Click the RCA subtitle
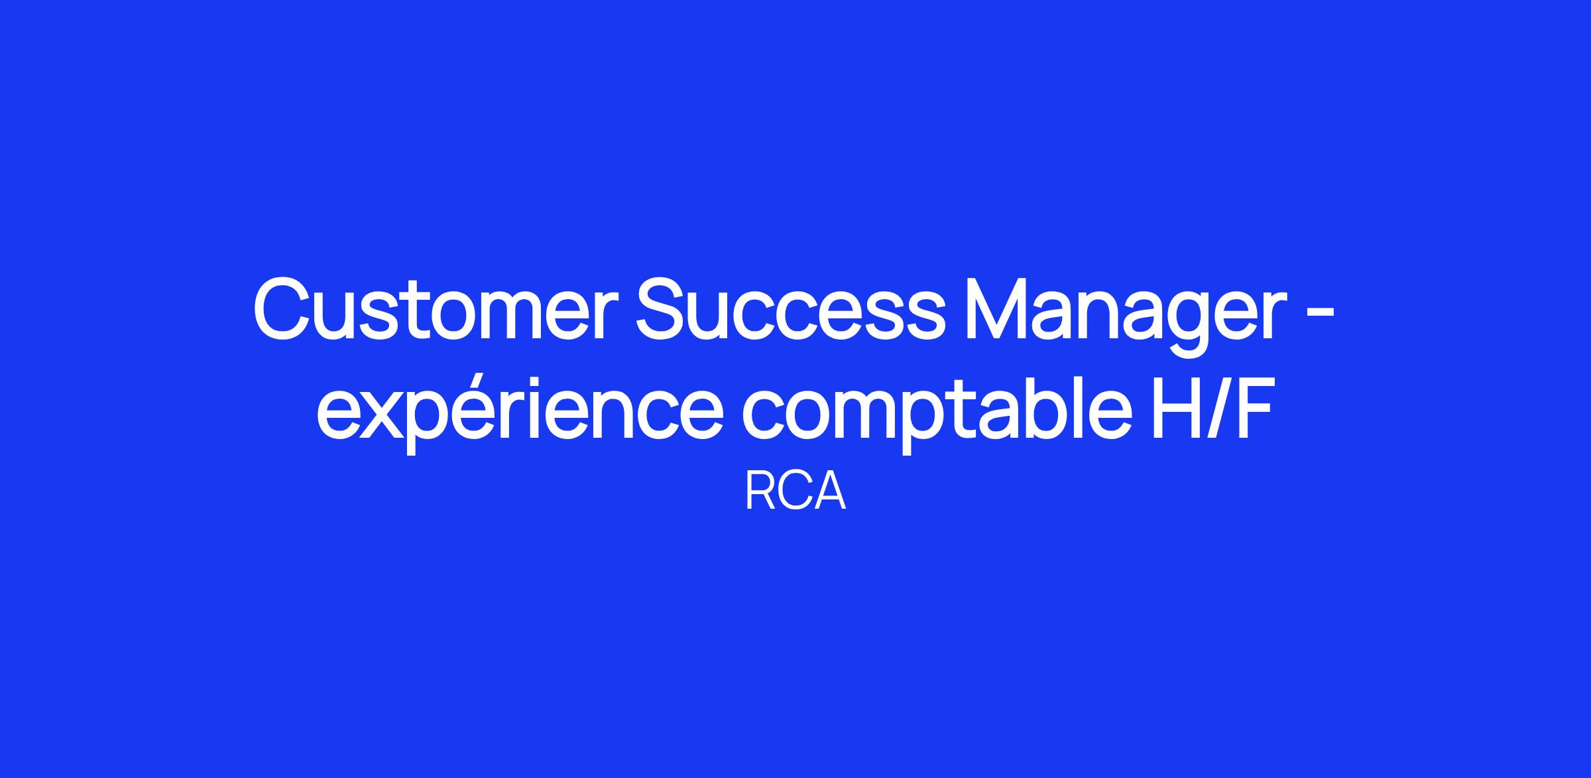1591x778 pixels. tap(795, 492)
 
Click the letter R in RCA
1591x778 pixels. tap(759, 492)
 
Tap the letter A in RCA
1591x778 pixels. tap(829, 492)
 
